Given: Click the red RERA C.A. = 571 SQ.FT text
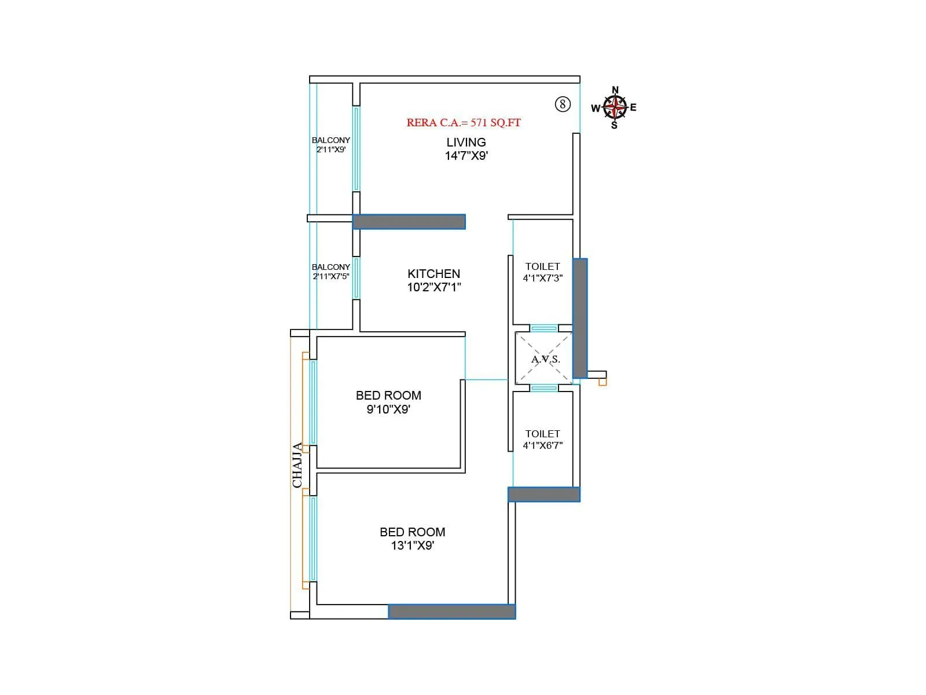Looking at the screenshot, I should [464, 123].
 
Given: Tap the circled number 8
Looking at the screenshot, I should [563, 104].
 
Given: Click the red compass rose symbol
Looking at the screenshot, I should [615, 107].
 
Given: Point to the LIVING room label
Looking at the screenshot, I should [466, 142].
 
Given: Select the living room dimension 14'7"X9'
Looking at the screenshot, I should [466, 156].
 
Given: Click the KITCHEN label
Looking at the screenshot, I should [433, 274].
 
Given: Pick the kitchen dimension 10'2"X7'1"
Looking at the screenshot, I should [433, 287].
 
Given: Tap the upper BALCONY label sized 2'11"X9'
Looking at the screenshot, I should [330, 140].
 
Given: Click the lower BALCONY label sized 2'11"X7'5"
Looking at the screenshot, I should [330, 267].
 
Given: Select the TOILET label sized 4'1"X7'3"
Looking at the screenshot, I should [542, 266].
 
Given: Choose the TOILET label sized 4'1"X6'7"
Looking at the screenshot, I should [542, 434].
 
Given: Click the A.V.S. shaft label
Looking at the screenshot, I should [546, 359].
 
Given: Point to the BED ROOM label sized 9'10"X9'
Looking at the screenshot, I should [388, 396].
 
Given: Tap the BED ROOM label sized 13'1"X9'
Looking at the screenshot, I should [412, 532].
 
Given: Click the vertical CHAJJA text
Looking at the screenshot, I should [297, 465].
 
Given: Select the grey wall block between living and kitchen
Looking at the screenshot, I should [409, 222].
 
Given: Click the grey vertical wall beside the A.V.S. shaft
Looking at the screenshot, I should [580, 318].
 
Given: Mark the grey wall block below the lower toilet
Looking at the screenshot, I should [543, 494].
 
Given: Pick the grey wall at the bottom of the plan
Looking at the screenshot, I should [451, 612].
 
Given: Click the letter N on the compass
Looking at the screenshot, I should [615, 90].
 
